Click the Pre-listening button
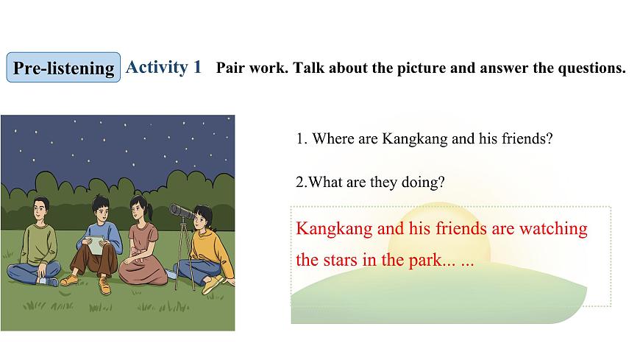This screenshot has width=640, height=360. tap(64, 68)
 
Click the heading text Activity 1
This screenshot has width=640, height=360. tap(163, 67)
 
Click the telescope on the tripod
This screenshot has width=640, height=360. tap(183, 213)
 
